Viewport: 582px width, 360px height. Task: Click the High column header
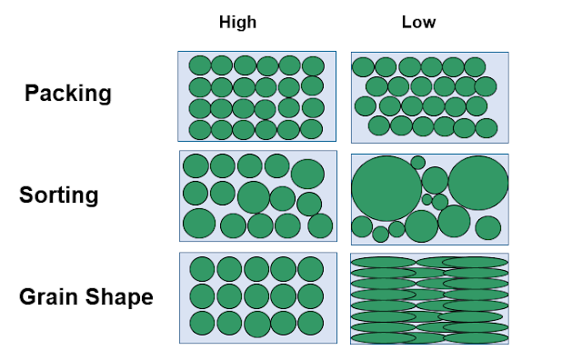237,23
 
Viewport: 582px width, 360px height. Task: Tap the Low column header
418,23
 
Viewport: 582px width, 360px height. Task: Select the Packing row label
67,93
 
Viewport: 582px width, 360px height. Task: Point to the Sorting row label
59,195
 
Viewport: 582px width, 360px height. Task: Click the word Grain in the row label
45,297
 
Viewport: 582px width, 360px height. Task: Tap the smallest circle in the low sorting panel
426,199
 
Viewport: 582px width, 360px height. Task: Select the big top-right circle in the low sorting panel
477,183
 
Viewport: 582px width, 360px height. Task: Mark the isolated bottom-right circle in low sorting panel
487,227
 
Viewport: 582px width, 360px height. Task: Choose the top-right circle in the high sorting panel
308,174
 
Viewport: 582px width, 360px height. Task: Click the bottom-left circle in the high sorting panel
198,223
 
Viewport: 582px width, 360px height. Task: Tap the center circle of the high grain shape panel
256,296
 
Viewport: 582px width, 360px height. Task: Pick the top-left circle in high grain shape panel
202,269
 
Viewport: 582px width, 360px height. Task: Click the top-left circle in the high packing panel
199,65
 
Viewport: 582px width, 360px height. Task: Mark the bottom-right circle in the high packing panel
312,129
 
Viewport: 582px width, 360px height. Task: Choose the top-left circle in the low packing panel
363,66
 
